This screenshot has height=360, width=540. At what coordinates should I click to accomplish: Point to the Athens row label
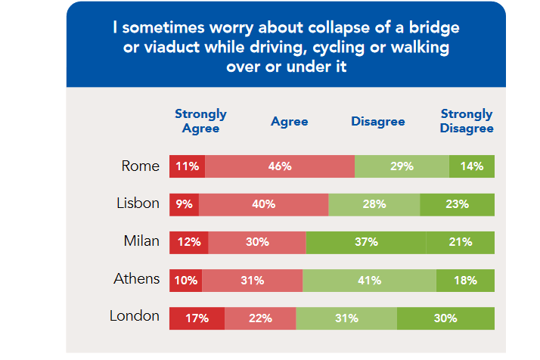click(x=136, y=279)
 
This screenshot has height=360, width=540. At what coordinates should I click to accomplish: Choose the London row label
click(x=135, y=316)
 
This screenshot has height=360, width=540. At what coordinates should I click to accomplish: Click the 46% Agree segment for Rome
click(x=279, y=166)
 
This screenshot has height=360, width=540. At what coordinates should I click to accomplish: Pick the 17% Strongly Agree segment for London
click(x=197, y=318)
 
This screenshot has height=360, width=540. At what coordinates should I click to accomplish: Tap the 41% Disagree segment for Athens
click(x=369, y=281)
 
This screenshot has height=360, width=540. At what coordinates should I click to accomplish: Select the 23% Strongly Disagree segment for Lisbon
click(x=457, y=204)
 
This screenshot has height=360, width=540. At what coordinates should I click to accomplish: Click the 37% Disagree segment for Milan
click(x=366, y=242)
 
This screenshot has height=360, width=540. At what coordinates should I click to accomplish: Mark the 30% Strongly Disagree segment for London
click(x=445, y=318)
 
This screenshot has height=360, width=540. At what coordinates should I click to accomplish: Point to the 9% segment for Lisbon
click(x=182, y=204)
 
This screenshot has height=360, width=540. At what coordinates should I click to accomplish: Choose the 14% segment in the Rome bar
click(x=471, y=166)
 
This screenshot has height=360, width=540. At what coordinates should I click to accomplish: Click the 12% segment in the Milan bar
click(x=188, y=242)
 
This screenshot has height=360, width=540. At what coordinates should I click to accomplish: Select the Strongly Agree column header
click(x=200, y=121)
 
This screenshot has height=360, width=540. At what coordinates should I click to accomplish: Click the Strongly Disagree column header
click(x=467, y=121)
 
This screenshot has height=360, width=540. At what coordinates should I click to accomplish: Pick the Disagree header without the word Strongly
click(x=377, y=121)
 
